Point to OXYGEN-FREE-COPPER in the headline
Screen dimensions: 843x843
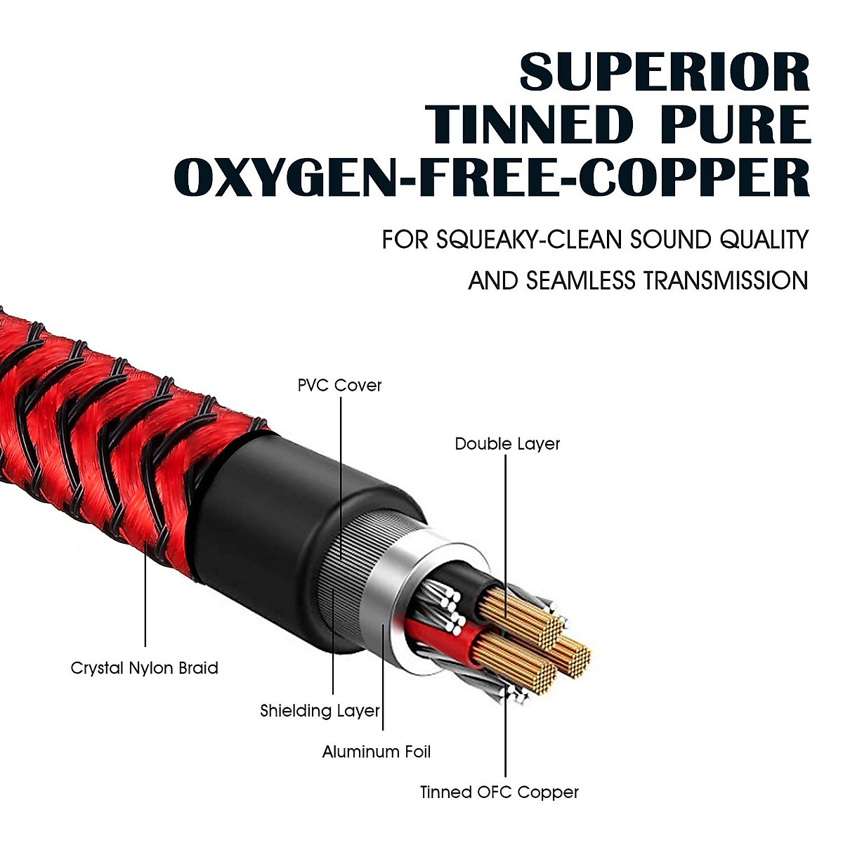[x=492, y=178]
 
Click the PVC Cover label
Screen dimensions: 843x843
[x=339, y=385]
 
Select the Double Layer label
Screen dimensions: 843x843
[x=507, y=444]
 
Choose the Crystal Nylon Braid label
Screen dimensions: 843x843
[x=145, y=667]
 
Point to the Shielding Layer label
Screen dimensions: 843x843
[x=320, y=710]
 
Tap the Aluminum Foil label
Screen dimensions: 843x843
[x=377, y=752]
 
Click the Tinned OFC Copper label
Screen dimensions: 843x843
[x=499, y=792]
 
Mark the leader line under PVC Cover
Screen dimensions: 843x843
[x=341, y=478]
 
